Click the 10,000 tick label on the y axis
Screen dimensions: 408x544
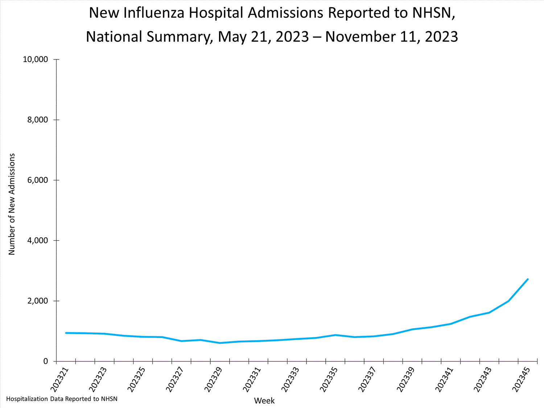pyautogui.click(x=36, y=59)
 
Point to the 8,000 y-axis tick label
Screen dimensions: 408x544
pyautogui.click(x=38, y=120)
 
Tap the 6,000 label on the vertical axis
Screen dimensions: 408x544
pyautogui.click(x=38, y=180)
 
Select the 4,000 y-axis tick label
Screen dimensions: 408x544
pyautogui.click(x=38, y=241)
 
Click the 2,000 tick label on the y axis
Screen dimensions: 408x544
pyautogui.click(x=38, y=301)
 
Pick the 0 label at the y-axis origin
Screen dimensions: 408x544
pyautogui.click(x=46, y=362)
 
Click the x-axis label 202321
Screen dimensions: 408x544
pyautogui.click(x=59, y=379)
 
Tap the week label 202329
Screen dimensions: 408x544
pyautogui.click(x=213, y=379)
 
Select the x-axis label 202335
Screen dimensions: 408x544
pyautogui.click(x=329, y=379)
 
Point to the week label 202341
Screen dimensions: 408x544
pyautogui.click(x=444, y=379)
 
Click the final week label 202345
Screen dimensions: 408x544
pyautogui.click(x=521, y=379)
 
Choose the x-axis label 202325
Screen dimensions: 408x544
pyautogui.click(x=136, y=379)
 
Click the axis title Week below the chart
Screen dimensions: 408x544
pyautogui.click(x=264, y=401)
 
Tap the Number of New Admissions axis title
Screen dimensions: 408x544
pyautogui.click(x=12, y=204)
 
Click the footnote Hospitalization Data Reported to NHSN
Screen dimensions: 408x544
pyautogui.click(x=62, y=399)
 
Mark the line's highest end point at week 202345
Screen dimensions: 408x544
pyautogui.click(x=528, y=279)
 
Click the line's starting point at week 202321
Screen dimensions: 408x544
pyautogui.click(x=66, y=333)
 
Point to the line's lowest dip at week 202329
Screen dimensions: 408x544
pyautogui.click(x=220, y=343)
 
